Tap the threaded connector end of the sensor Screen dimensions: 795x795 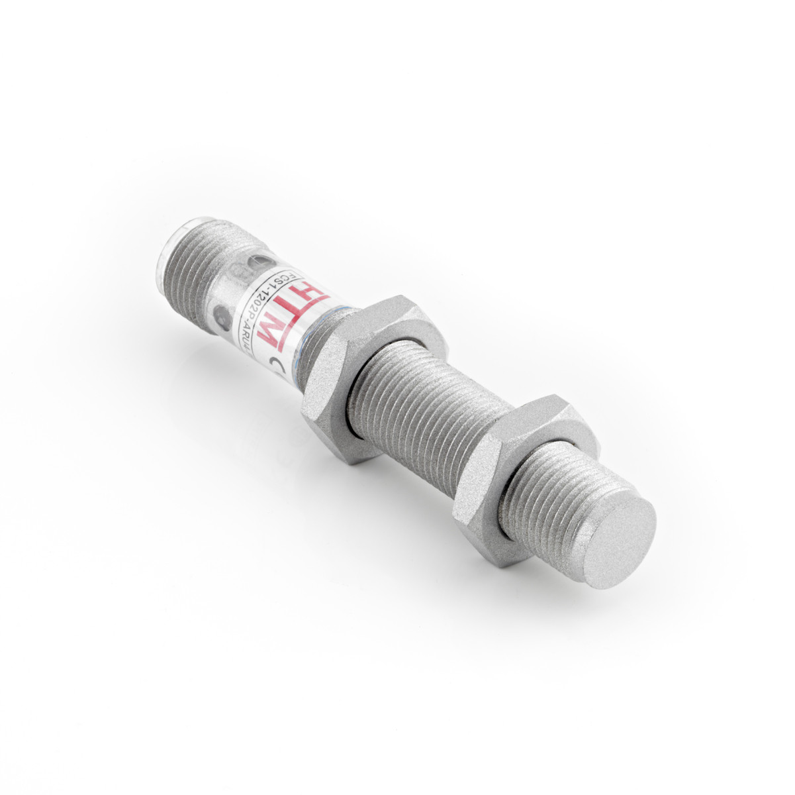coord(199,258)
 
